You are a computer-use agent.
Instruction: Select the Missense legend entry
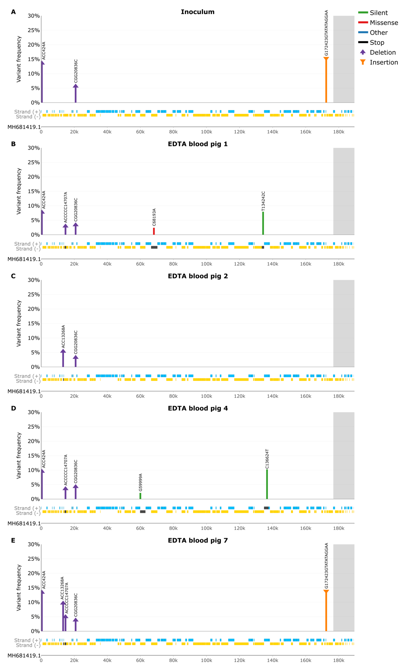coord(383,23)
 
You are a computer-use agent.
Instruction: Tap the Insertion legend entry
coord(383,62)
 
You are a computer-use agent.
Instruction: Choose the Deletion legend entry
coord(382,52)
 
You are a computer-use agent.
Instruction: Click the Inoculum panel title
coord(198,12)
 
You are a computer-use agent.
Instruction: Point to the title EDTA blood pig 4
coord(198,408)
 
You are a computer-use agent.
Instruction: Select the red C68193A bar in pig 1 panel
coord(154,231)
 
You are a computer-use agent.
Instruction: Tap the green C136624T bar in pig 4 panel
coord(267,484)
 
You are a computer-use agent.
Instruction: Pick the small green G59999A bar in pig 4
coord(140,496)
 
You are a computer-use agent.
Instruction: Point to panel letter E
coord(13,540)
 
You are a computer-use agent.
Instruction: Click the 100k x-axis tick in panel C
coord(206,396)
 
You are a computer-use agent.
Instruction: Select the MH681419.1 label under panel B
coord(24,259)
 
